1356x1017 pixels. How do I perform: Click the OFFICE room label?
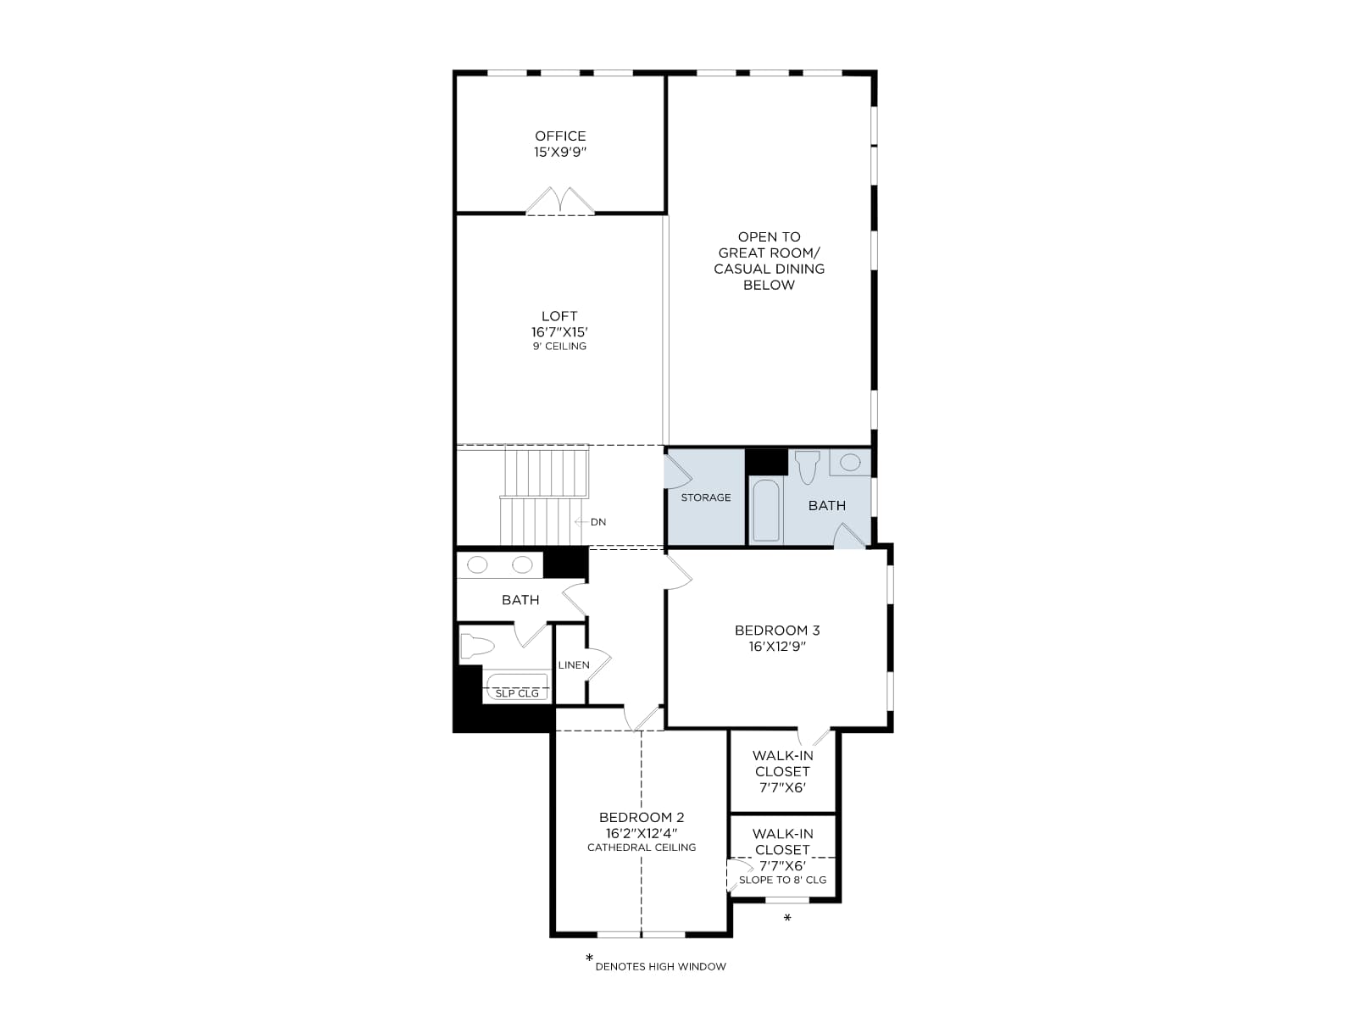559,136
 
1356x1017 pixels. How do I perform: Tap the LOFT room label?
559,316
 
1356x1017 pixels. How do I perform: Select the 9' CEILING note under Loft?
559,347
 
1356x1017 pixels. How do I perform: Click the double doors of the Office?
560,202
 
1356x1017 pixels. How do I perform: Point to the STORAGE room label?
705,497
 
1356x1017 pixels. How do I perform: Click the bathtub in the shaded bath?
766,510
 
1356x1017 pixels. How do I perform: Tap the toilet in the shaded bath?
807,467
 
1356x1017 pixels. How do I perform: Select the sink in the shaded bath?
850,463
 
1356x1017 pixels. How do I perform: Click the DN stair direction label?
598,522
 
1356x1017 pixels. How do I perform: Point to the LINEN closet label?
574,665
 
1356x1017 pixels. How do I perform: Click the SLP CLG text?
517,693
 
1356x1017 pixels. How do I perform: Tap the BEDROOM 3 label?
777,631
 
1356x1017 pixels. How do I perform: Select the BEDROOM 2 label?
642,818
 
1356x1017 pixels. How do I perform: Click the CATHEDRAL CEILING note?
642,847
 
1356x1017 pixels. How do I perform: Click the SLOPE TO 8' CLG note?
783,880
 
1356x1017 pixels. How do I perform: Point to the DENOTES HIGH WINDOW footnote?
661,967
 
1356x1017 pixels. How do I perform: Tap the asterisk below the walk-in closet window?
787,918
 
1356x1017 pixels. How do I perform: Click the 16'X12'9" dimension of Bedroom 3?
777,647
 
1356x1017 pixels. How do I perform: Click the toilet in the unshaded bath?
477,647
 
